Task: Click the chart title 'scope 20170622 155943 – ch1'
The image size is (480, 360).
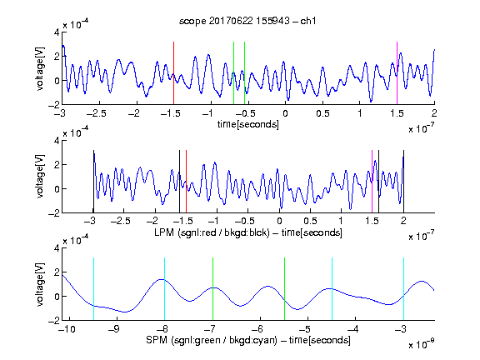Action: pos(247,21)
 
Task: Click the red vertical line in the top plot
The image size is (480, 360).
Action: pos(173,73)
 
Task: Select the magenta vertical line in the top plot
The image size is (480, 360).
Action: pos(397,73)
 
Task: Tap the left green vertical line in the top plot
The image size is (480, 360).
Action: pos(233,73)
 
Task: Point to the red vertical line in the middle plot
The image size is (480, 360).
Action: pos(186,181)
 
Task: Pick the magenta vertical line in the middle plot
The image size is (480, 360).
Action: pos(372,181)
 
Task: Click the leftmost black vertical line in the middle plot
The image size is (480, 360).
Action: pos(93,181)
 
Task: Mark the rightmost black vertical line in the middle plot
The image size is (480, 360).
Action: pos(403,181)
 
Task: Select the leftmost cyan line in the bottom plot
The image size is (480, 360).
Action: pos(93,289)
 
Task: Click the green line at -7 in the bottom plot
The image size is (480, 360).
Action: pos(212,289)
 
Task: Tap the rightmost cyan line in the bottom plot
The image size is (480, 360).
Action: pos(403,289)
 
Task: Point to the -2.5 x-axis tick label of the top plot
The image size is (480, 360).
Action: pos(96,113)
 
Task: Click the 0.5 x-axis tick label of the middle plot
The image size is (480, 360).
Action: pos(310,221)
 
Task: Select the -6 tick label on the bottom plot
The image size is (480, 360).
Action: pos(258,329)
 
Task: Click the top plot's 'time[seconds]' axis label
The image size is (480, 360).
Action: pos(248,124)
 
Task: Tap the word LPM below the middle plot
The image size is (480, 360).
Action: pos(164,232)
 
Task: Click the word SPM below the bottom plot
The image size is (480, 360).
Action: pos(157,340)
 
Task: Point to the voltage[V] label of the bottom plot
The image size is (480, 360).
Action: pos(40,284)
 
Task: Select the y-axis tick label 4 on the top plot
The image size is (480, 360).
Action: pos(57,32)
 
